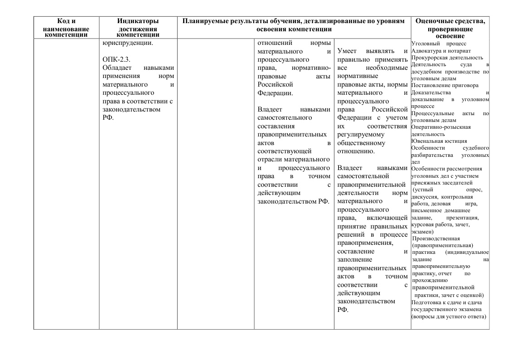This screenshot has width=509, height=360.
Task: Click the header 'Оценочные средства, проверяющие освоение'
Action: click(450, 28)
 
